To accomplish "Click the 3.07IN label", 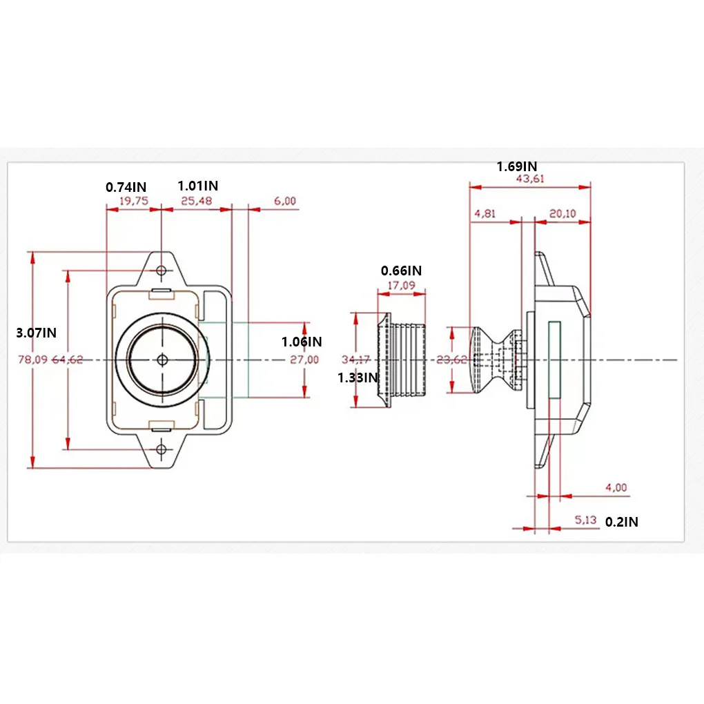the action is (x=36, y=333).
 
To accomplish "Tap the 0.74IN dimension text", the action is (x=126, y=186).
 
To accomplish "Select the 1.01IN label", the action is (x=197, y=186).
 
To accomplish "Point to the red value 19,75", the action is (x=134, y=202).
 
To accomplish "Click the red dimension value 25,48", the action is (x=197, y=202).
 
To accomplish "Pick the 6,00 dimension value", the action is (x=284, y=202).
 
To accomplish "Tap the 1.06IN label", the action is (x=302, y=341).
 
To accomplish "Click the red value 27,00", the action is (x=304, y=360).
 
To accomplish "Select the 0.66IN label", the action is (x=401, y=271).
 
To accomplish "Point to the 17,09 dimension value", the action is (x=402, y=284).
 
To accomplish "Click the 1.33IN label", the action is (x=358, y=378).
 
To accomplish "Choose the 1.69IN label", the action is (x=517, y=166).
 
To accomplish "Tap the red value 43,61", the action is (x=529, y=179).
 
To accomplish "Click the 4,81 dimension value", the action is (x=485, y=214).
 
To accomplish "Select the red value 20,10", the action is (x=563, y=214).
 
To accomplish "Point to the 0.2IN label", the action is (x=621, y=522).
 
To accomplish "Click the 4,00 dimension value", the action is (x=616, y=488).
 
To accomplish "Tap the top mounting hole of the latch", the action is (x=162, y=270).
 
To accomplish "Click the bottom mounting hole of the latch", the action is (x=162, y=449).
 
